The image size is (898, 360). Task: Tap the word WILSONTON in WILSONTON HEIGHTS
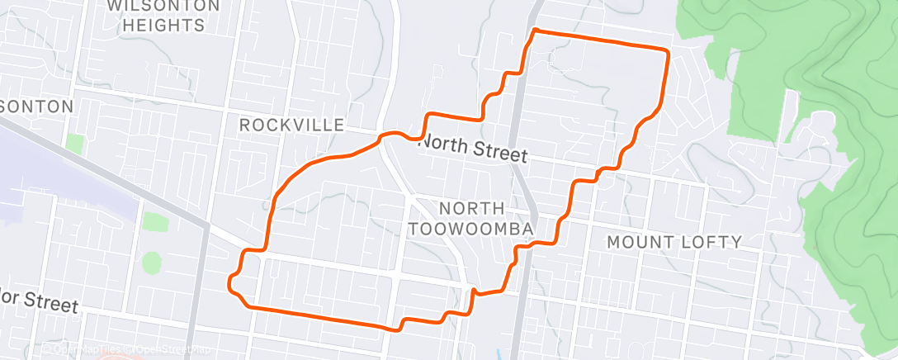[x=164, y=6]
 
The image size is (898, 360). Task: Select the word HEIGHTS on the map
[x=164, y=26]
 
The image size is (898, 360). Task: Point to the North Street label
[x=473, y=149]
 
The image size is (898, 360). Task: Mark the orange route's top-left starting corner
[x=536, y=31]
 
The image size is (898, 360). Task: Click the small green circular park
[x=152, y=263]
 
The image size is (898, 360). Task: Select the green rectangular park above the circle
[x=151, y=222]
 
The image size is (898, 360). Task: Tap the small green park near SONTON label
[x=75, y=144]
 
